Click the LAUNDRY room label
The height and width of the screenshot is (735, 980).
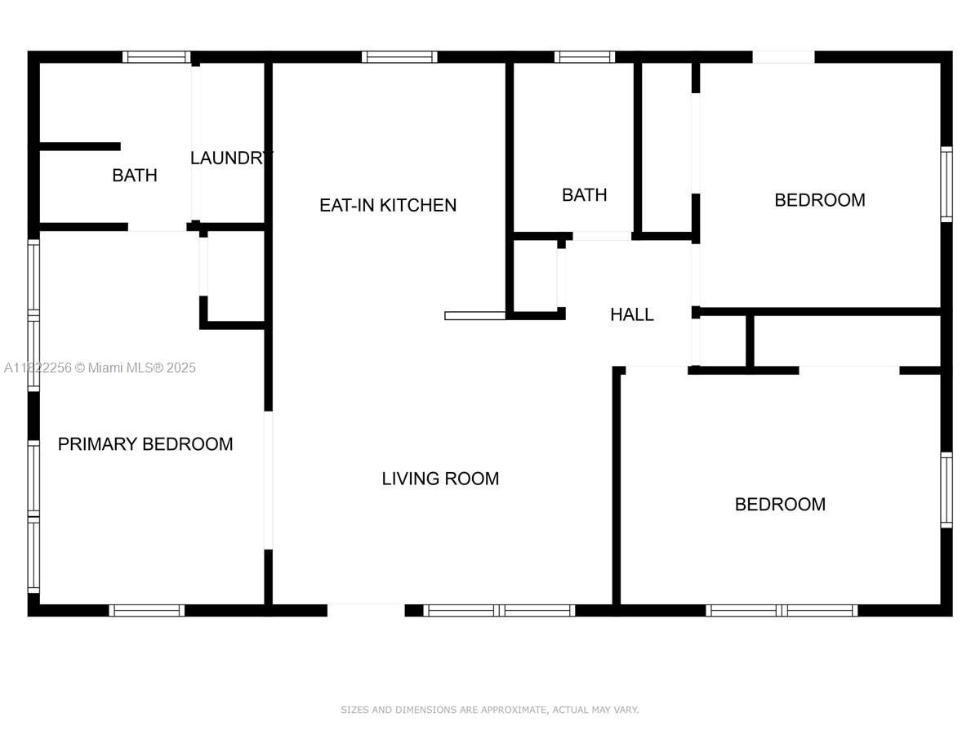[x=231, y=158]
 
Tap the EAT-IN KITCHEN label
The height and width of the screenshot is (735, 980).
[x=388, y=205]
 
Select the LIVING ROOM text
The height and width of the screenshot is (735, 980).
[x=439, y=479]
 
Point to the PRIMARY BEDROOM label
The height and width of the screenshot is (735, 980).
[x=145, y=444]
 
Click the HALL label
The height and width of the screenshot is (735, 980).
[x=631, y=314]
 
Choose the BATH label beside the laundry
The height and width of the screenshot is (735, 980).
[x=135, y=176]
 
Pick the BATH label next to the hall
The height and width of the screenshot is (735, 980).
[x=584, y=195]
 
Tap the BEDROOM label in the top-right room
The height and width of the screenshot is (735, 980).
[x=819, y=200]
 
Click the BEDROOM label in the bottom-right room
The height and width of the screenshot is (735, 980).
[x=780, y=504]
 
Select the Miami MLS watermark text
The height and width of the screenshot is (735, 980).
[x=100, y=367]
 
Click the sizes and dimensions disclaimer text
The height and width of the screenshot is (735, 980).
[x=489, y=710]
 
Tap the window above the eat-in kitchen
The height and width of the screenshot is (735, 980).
[x=399, y=57]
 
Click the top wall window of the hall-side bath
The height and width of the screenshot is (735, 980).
[x=585, y=57]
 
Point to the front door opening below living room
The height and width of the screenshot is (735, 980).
[x=366, y=610]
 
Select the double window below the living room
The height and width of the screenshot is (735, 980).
[x=499, y=610]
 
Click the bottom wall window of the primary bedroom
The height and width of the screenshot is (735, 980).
[x=146, y=610]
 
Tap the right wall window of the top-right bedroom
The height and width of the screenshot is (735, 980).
[x=947, y=185]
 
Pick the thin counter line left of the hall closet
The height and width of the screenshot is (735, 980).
[x=475, y=316]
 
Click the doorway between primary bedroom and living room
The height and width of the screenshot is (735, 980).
[x=268, y=480]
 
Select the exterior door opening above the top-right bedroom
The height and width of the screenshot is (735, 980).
[x=783, y=57]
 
